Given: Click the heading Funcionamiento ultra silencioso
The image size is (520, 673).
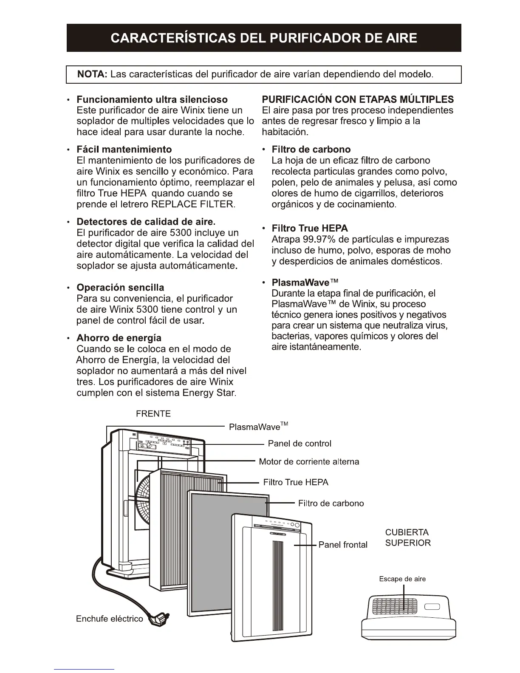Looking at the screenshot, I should (152, 99).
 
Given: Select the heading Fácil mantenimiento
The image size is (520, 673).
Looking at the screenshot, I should (124, 150).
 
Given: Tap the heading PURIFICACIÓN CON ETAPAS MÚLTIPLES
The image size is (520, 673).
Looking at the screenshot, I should (358, 99).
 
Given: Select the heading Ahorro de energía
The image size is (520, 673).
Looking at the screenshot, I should (119, 338).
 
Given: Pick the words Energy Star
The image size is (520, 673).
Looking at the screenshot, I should (208, 393).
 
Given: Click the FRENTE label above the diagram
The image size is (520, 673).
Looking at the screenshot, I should (153, 414).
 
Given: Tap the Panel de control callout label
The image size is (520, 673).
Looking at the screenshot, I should (300, 444).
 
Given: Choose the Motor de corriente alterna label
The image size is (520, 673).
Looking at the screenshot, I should (309, 462).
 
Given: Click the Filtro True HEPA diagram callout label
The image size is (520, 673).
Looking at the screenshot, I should (296, 482).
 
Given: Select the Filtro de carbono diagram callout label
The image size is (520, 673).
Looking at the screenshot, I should (331, 503).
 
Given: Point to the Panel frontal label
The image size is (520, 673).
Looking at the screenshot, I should (343, 545).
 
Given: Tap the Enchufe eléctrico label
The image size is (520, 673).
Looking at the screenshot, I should (110, 619).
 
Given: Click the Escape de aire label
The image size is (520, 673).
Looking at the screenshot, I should (402, 579).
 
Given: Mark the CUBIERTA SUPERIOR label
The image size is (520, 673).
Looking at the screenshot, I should (407, 537).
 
